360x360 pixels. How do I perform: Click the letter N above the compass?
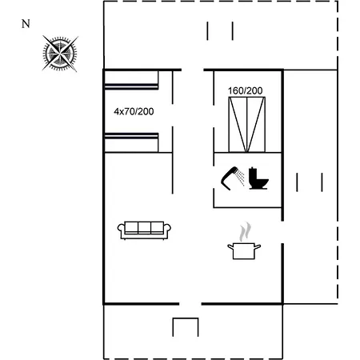26,24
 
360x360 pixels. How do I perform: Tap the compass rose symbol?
60,54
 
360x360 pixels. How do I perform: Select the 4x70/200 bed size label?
134,111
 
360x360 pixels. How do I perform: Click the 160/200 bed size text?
246,91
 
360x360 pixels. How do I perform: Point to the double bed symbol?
247,125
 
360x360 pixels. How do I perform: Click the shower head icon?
233,178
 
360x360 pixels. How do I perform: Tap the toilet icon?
258,178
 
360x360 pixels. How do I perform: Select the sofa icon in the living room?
144,230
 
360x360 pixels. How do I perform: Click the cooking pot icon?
244,251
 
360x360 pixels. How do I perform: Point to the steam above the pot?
246,231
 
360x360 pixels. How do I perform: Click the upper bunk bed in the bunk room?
131,80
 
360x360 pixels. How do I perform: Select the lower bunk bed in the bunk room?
131,142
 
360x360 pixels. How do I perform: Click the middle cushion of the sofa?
144,227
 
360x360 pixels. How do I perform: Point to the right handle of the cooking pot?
258,246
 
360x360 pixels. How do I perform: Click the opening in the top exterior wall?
193,70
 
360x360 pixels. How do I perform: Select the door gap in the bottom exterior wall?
190,304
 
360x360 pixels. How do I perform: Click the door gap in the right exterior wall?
282,232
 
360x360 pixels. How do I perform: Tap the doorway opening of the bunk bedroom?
173,115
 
